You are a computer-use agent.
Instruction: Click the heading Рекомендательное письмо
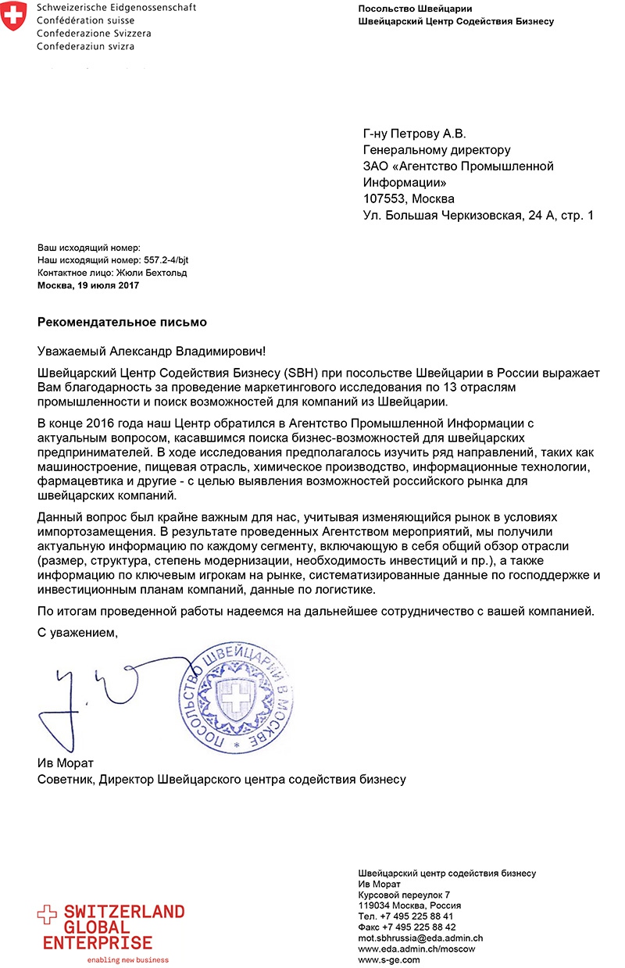tap(123, 321)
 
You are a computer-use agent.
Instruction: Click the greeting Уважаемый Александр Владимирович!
tap(156, 352)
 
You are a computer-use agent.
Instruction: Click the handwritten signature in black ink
tap(86, 695)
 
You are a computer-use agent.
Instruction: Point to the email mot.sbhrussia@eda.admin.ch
tap(420, 938)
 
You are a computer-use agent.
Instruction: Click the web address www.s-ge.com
tap(388, 959)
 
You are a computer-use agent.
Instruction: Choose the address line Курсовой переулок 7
tap(404, 894)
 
